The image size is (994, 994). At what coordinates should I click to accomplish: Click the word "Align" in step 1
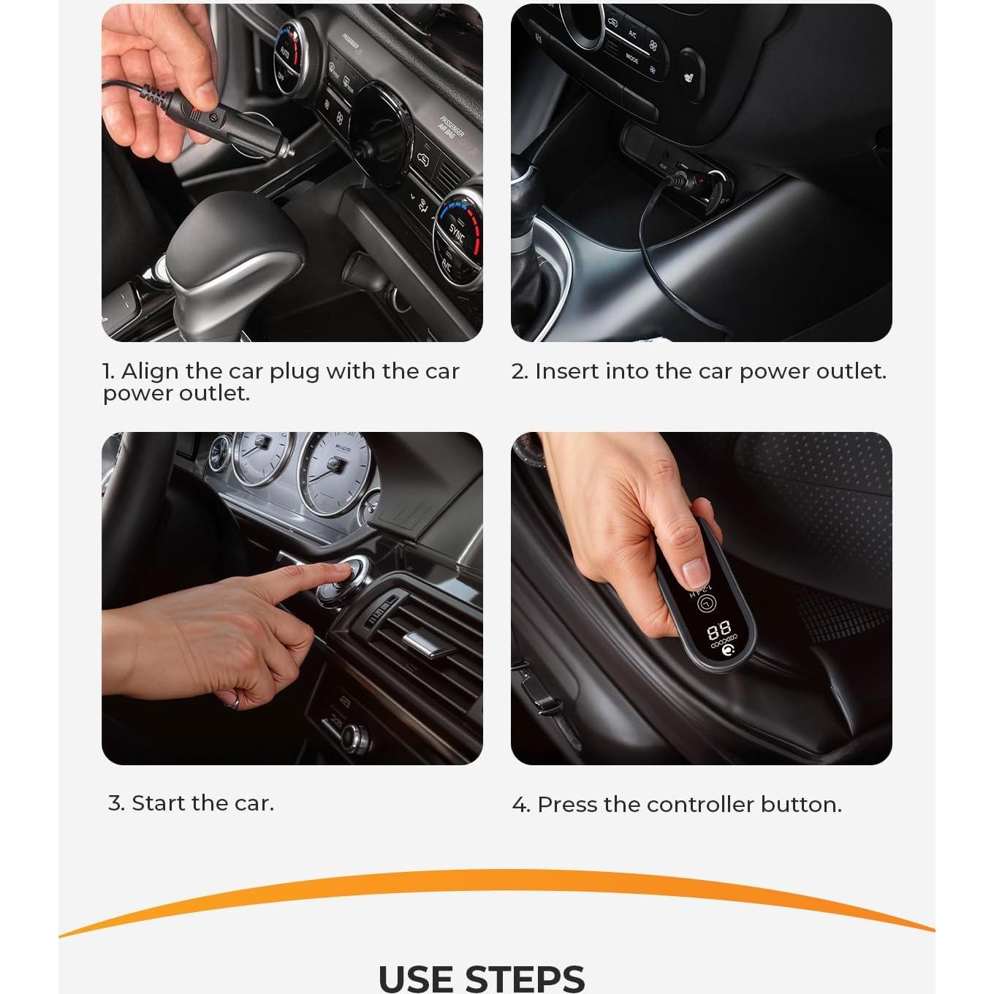[150, 371]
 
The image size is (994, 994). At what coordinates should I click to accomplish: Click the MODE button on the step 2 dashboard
[631, 58]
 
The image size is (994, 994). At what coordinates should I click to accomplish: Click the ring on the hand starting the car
[235, 702]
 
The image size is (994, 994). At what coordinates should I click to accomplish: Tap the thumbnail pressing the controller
[694, 573]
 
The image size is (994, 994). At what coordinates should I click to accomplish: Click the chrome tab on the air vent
[428, 644]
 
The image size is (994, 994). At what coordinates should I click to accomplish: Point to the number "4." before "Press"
[521, 805]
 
